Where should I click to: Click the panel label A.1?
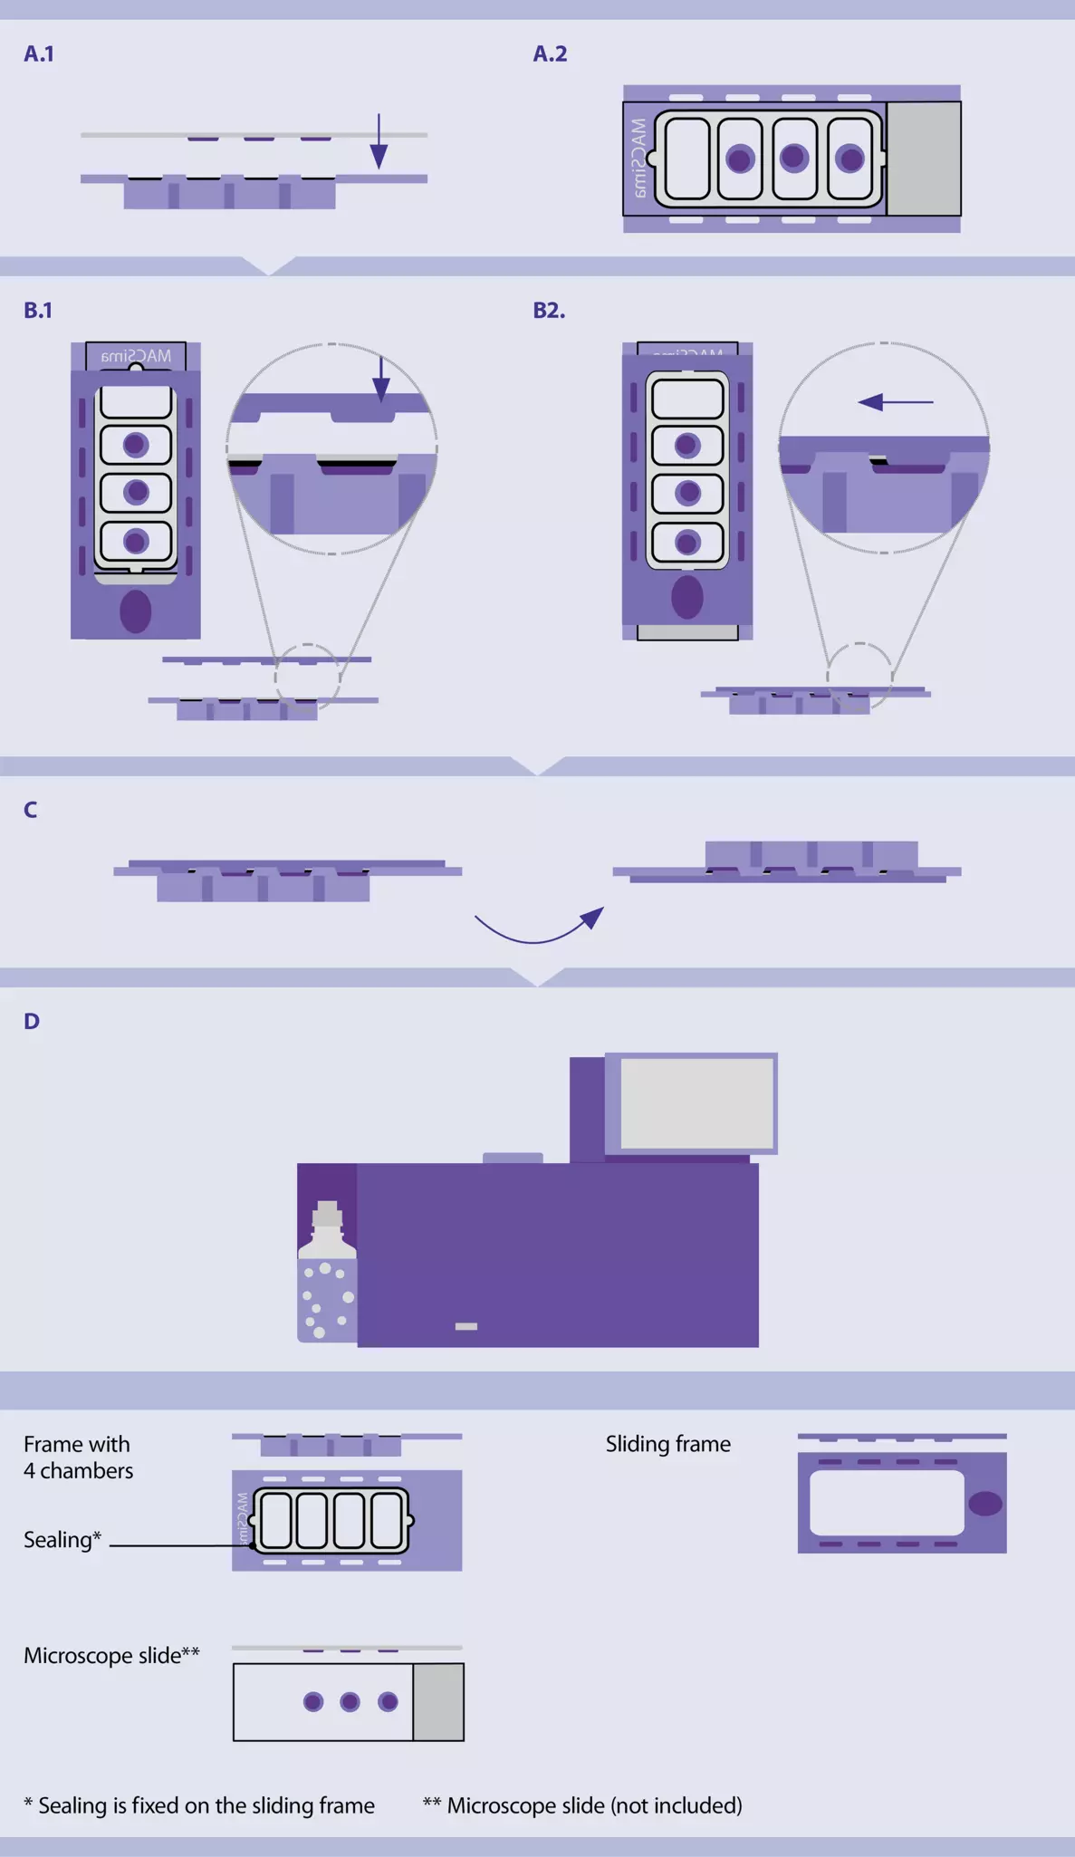pos(39,54)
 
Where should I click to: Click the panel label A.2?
pos(550,54)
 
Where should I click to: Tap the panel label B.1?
pos(38,311)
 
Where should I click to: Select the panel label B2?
pos(549,311)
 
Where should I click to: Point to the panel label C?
pos(31,810)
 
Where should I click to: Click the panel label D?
pos(32,1022)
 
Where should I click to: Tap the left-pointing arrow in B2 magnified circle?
pos(895,401)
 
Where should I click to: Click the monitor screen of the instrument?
pos(696,1102)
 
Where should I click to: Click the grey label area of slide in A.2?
pos(923,159)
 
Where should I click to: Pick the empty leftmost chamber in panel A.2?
pos(686,159)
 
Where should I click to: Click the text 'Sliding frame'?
pos(668,1444)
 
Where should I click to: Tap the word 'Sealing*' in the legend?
pos(62,1540)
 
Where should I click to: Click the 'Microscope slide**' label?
pos(111,1656)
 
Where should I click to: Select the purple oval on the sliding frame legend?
pos(984,1504)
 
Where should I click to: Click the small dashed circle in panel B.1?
pos(308,675)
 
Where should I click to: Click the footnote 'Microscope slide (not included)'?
pos(594,1805)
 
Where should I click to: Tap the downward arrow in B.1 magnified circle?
pos(381,380)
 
